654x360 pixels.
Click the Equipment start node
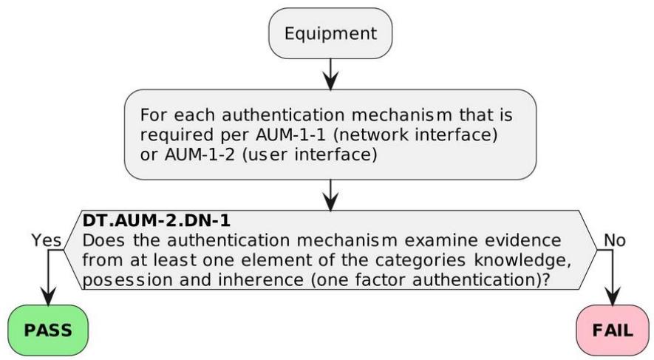point(330,33)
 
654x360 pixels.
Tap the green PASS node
point(48,330)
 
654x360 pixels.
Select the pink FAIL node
point(613,330)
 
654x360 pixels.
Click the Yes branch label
point(47,240)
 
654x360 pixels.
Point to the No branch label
point(615,240)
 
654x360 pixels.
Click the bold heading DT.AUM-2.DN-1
point(157,220)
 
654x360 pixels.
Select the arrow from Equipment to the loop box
point(330,74)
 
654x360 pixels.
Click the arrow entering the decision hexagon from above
point(330,195)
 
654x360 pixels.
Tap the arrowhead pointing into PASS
point(48,296)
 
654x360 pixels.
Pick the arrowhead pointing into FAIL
point(613,296)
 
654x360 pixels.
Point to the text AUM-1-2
point(200,154)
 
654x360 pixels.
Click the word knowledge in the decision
point(522,261)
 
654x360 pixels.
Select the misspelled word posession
point(128,280)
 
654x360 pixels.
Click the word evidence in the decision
point(522,240)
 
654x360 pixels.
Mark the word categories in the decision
point(420,261)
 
